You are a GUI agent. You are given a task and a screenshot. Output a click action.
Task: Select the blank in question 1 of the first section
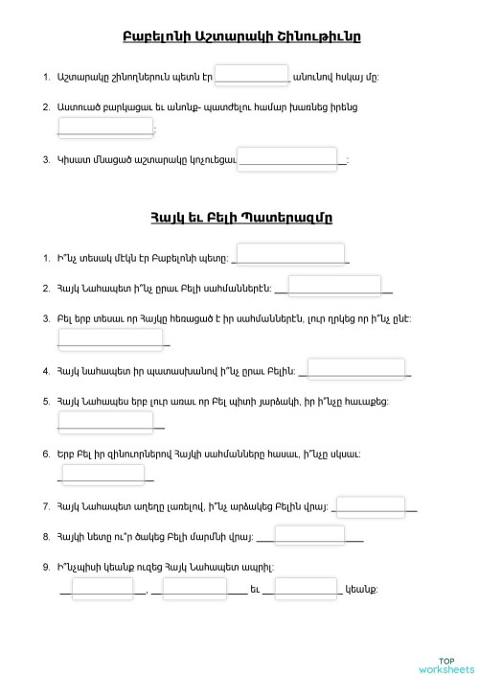pos(252,76)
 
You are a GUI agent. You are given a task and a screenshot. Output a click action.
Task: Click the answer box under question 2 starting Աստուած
pos(106,127)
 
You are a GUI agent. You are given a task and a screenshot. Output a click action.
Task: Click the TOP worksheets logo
pos(445,665)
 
